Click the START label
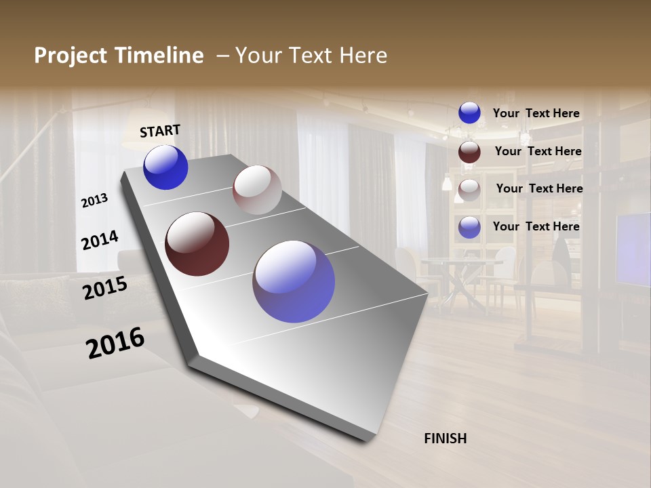click(x=160, y=131)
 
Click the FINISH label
click(x=445, y=439)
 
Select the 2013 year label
click(x=95, y=201)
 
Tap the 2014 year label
click(x=100, y=240)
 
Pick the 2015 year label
click(x=105, y=288)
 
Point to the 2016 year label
click(x=115, y=343)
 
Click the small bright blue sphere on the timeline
click(x=165, y=167)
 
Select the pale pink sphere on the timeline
click(x=257, y=190)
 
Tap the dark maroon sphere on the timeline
click(x=197, y=244)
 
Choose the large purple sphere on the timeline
click(x=294, y=281)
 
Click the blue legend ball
click(x=469, y=113)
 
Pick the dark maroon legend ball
click(x=469, y=152)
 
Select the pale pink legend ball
click(x=469, y=190)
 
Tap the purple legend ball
click(x=469, y=227)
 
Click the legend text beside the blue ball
click(x=536, y=114)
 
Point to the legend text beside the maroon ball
click(x=538, y=151)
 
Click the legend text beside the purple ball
click(x=536, y=226)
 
